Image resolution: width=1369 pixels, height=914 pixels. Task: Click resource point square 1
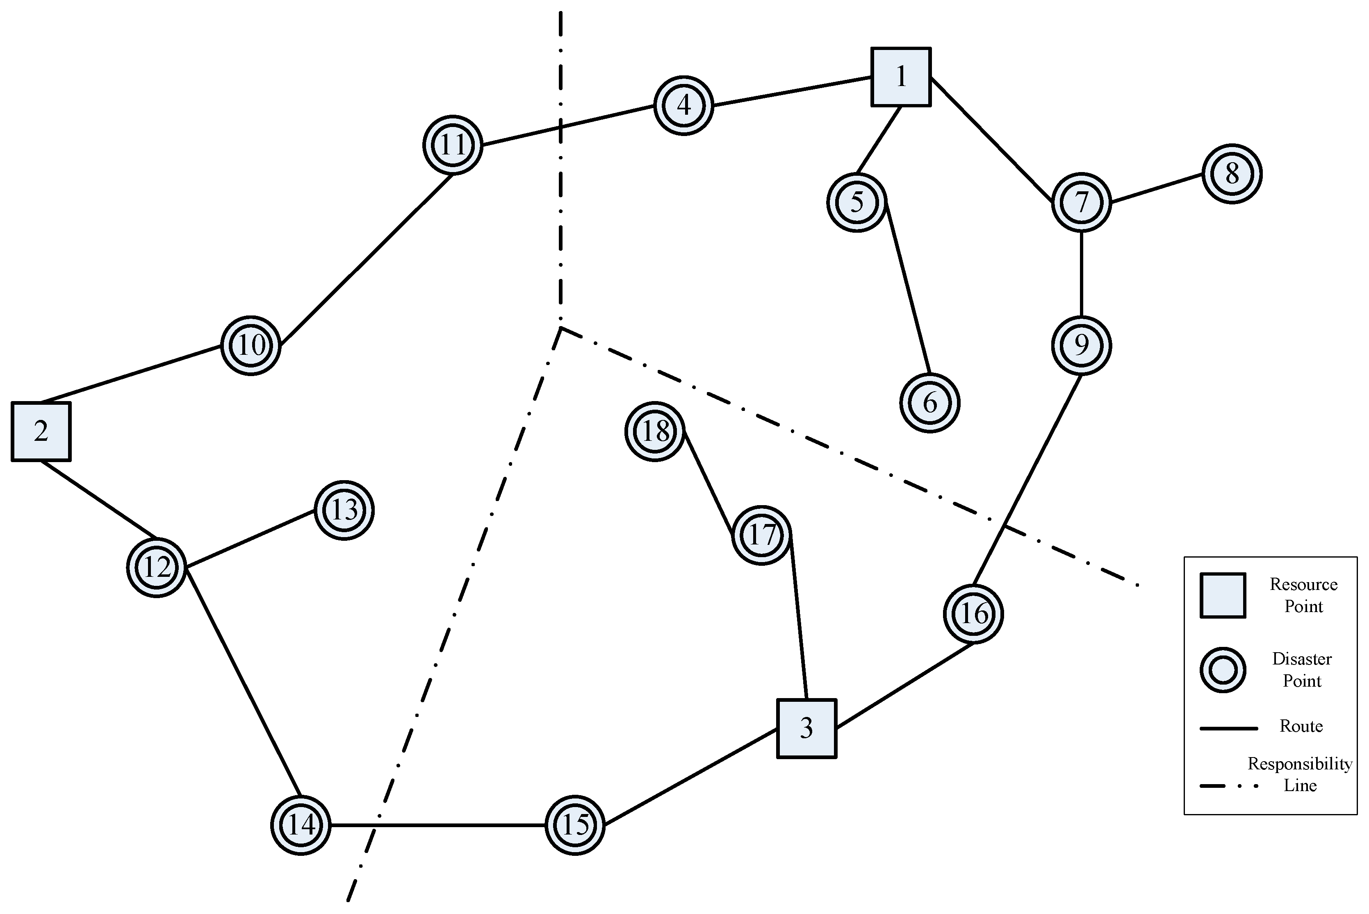click(901, 77)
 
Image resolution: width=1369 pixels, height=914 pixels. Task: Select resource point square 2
click(41, 431)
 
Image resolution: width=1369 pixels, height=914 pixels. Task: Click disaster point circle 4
click(683, 106)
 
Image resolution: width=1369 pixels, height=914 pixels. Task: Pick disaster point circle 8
click(1232, 174)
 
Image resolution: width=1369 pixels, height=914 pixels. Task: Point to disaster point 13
click(344, 510)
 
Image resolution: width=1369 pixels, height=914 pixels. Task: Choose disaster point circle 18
click(654, 432)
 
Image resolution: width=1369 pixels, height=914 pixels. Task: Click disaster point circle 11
click(453, 145)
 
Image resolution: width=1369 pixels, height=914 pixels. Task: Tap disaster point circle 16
click(973, 614)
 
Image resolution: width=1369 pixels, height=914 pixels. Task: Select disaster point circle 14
click(301, 825)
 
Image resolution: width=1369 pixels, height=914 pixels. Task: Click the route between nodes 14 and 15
click(437, 825)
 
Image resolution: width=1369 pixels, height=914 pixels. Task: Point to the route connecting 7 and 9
click(1082, 274)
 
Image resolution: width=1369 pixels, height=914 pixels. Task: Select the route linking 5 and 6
click(908, 288)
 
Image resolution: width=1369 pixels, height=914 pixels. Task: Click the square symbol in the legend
click(1223, 595)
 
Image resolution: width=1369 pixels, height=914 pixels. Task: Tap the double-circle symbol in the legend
click(1223, 670)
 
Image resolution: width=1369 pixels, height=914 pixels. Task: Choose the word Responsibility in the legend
click(1300, 764)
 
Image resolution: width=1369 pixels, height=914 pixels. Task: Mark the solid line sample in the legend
click(1228, 728)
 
